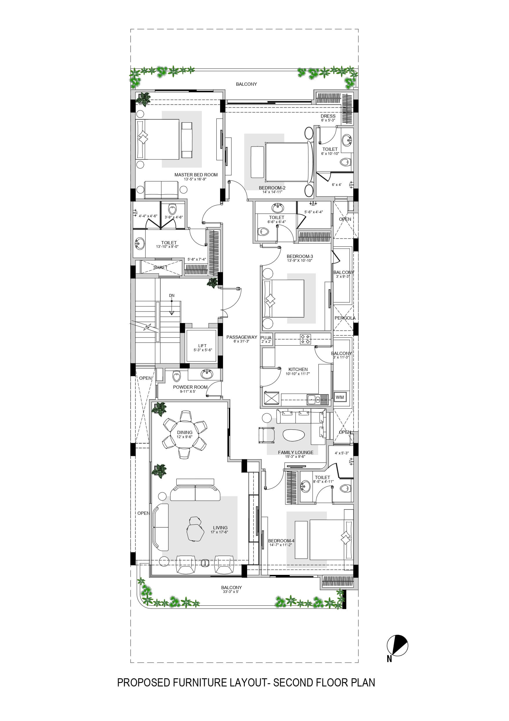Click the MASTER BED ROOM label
pyautogui.click(x=196, y=175)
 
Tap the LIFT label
pyautogui.click(x=202, y=345)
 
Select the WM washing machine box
pyautogui.click(x=340, y=397)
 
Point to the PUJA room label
pyautogui.click(x=266, y=338)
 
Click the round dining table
pyautogui.click(x=184, y=435)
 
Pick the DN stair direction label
pyautogui.click(x=171, y=295)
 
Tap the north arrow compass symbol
pyautogui.click(x=397, y=646)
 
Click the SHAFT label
pyautogui.click(x=160, y=268)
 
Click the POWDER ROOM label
pyautogui.click(x=190, y=387)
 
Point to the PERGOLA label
pyautogui.click(x=345, y=318)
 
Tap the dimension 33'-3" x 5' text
pyautogui.click(x=231, y=592)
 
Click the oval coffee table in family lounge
pyautogui.click(x=294, y=436)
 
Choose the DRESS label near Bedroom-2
pyautogui.click(x=328, y=116)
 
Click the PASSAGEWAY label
pyautogui.click(x=242, y=337)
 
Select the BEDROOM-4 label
pyautogui.click(x=281, y=541)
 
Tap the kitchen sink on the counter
pyautogui.click(x=314, y=400)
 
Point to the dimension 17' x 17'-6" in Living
pyautogui.click(x=219, y=532)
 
